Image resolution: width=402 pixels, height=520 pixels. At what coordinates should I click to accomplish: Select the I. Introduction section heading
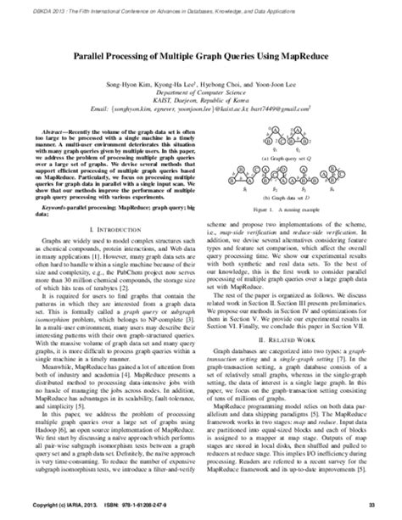click(x=109, y=230)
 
